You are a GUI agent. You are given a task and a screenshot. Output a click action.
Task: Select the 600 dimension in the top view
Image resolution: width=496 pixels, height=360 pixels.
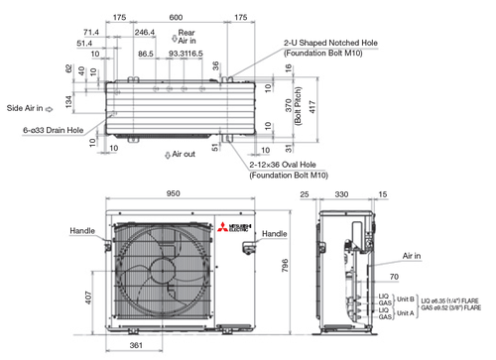tap(176, 18)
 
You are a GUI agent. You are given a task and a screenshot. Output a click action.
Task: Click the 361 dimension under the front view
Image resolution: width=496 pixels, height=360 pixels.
tap(137, 346)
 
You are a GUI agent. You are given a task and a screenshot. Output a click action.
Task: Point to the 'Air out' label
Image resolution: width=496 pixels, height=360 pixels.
tap(181, 155)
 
